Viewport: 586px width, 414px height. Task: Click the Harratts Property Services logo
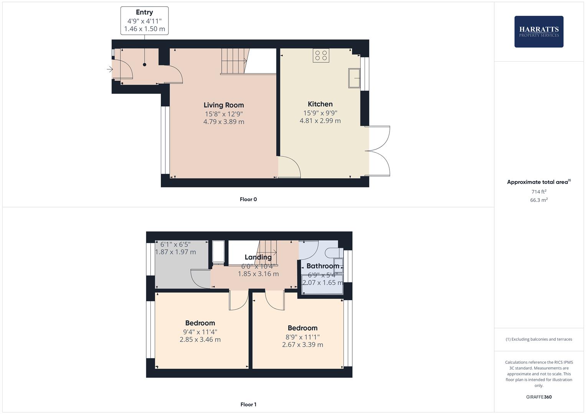tap(538, 31)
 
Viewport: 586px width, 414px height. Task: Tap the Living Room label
tap(224, 105)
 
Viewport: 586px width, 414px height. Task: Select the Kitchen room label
tap(320, 104)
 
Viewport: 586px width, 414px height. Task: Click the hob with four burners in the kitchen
tap(321, 56)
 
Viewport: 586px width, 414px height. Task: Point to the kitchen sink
tap(354, 78)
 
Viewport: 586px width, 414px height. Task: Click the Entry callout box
tap(144, 21)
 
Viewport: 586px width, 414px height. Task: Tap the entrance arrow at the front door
tap(110, 69)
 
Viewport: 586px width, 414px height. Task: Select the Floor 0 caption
tap(248, 199)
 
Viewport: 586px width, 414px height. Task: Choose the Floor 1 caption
tap(248, 404)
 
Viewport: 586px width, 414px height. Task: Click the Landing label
tap(258, 257)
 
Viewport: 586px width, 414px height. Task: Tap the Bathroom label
tap(323, 266)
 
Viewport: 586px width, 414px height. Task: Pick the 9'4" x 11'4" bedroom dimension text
tap(200, 332)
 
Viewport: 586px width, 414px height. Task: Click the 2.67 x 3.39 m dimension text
tap(302, 345)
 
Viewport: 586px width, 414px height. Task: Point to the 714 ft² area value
tap(539, 192)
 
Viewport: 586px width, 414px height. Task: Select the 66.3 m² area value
tap(539, 200)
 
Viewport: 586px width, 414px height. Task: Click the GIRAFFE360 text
tap(539, 397)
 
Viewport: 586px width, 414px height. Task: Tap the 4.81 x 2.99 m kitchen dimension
tap(320, 121)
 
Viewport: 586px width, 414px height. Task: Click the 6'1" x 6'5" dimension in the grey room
tap(175, 244)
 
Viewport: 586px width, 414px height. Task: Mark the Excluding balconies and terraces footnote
tap(539, 339)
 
